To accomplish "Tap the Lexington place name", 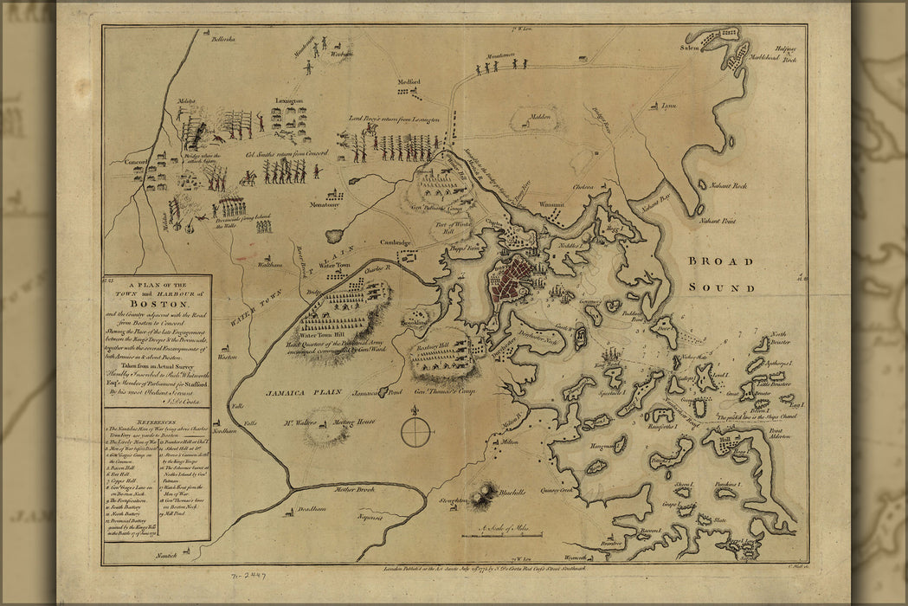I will coord(289,101).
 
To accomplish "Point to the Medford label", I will coord(409,83).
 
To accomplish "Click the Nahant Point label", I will coord(718,222).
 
